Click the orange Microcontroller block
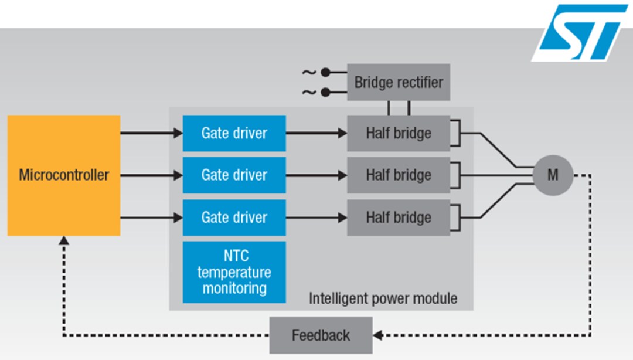pos(64,175)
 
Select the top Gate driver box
pos(234,133)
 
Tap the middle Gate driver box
pos(234,175)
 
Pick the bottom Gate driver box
pos(234,218)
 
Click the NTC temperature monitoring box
pos(234,272)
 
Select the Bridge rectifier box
pos(399,82)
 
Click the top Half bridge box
pos(399,133)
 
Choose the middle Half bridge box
pos(399,175)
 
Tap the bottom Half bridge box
pos(399,218)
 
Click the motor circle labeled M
pos(553,175)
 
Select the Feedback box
pos(321,335)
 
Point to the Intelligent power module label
pos(383,298)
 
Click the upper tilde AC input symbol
pos(309,73)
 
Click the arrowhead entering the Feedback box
pos(377,335)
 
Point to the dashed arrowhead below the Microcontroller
pos(64,241)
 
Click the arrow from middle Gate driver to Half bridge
pos(316,175)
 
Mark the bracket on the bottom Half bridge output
pos(457,218)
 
